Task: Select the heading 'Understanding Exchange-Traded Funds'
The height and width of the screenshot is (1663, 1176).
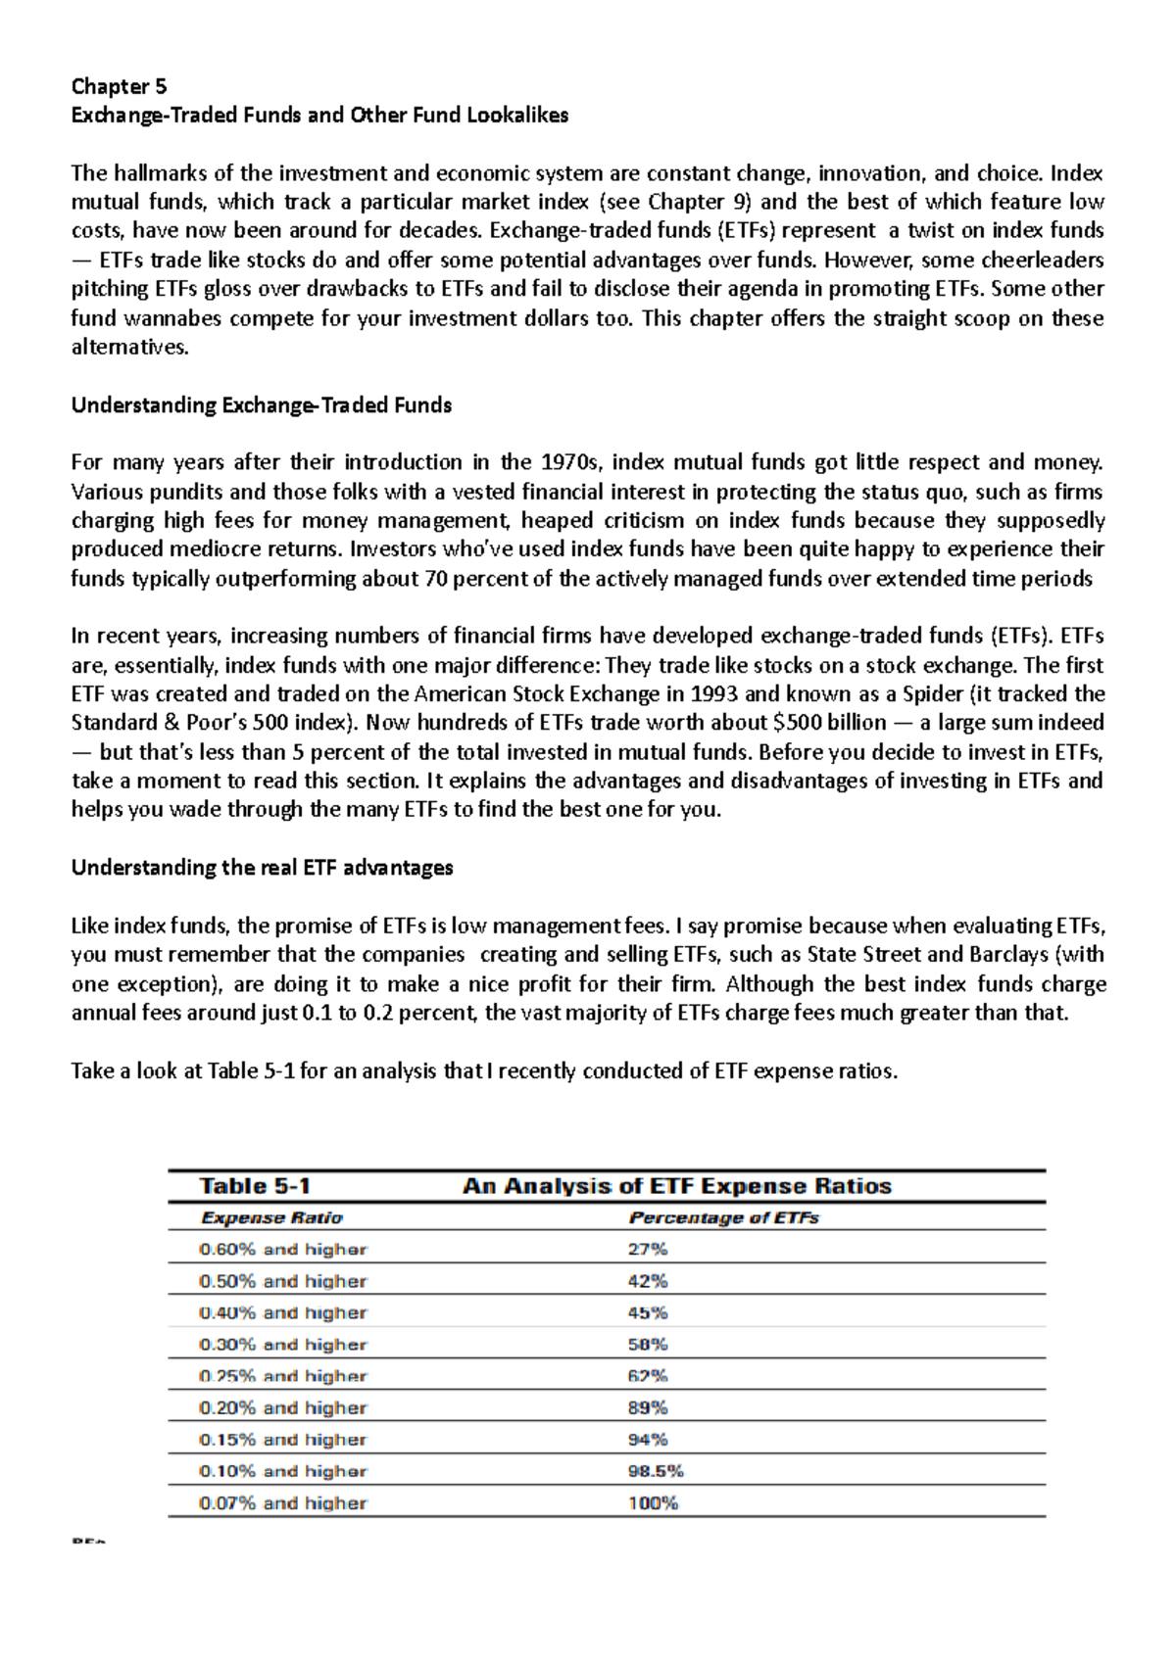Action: [261, 405]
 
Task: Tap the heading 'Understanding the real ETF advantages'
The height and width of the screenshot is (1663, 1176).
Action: [262, 868]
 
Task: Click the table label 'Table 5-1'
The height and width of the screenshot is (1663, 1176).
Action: [255, 1186]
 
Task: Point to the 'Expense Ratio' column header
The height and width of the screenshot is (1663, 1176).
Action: [271, 1218]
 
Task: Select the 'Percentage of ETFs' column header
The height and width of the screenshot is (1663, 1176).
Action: [723, 1218]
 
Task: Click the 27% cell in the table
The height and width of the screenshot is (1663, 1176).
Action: [647, 1250]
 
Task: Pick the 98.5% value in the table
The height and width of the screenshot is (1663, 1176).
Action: [655, 1471]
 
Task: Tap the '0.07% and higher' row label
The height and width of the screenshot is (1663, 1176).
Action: [282, 1503]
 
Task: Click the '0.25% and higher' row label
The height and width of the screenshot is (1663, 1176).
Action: [282, 1376]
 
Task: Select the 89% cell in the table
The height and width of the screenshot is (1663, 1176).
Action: [647, 1408]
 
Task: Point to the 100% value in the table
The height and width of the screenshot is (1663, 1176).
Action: [653, 1503]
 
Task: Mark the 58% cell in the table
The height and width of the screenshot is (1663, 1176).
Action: [647, 1345]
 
